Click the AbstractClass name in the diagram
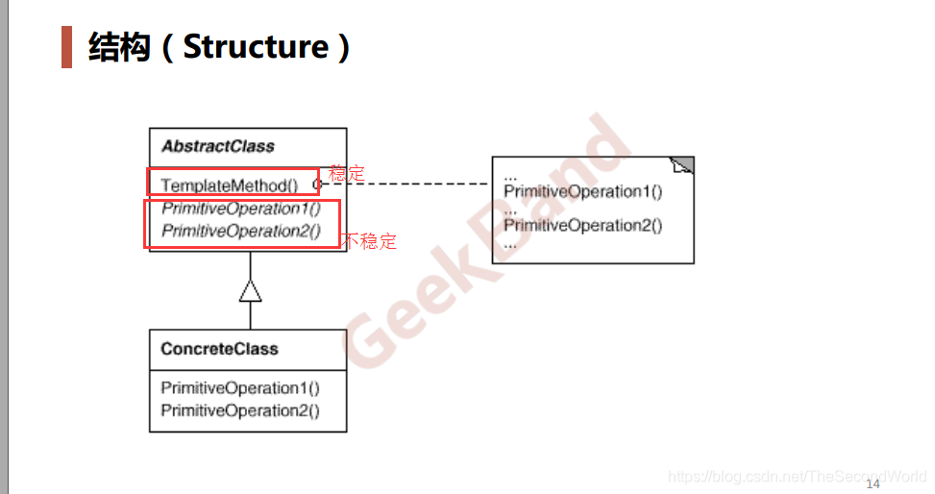point(217,147)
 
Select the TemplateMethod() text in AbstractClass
point(230,185)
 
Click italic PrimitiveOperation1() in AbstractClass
point(241,209)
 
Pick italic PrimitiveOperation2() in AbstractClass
point(241,231)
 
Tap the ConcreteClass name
point(219,349)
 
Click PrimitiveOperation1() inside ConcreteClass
point(240,388)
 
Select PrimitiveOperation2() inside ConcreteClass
point(240,410)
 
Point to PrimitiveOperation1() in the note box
point(583,191)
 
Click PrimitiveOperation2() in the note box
point(583,226)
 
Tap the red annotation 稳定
point(347,174)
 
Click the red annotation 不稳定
point(370,241)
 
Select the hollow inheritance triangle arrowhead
point(250,290)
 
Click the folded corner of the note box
point(683,165)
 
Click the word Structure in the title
point(256,46)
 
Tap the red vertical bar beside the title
point(67,46)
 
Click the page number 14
point(873,483)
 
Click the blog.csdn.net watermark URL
point(797,476)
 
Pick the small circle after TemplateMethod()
point(316,184)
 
